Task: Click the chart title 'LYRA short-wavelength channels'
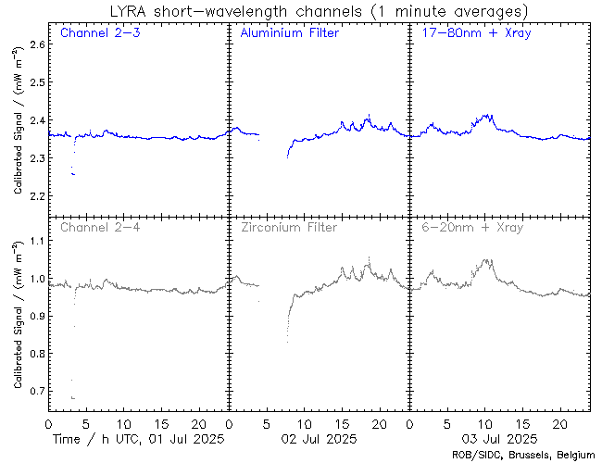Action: [278, 11]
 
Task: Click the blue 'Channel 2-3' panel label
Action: [100, 34]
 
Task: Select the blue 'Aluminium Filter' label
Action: [289, 34]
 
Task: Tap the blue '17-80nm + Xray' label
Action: [470, 34]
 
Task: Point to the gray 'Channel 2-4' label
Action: [100, 227]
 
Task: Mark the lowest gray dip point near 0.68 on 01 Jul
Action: [73, 398]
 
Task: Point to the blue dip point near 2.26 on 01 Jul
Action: [73, 174]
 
